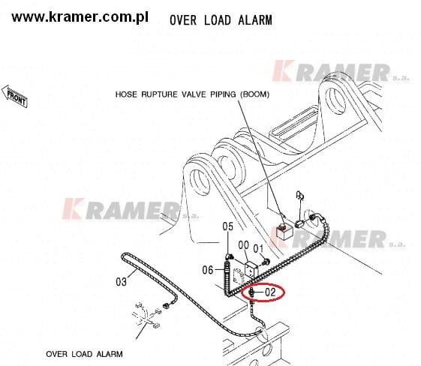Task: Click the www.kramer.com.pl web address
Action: coord(80,17)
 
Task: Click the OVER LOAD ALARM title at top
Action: coord(221,20)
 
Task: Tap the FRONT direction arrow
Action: coord(14,96)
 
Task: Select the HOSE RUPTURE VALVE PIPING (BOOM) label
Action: coord(192,94)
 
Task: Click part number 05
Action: coord(227,226)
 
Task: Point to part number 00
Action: coord(243,245)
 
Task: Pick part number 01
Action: coord(258,249)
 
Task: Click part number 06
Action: coord(208,270)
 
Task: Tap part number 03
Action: coord(121,282)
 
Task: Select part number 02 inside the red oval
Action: coord(270,292)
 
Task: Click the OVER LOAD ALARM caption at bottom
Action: coord(84,354)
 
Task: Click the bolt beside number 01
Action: coord(266,261)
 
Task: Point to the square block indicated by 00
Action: coord(251,270)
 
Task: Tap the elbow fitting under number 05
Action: coord(229,256)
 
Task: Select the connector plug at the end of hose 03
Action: coord(166,305)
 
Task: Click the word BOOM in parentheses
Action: coord(254,94)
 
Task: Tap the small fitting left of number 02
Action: coord(251,292)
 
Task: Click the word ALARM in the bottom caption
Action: coord(110,354)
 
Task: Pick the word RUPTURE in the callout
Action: coord(160,94)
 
